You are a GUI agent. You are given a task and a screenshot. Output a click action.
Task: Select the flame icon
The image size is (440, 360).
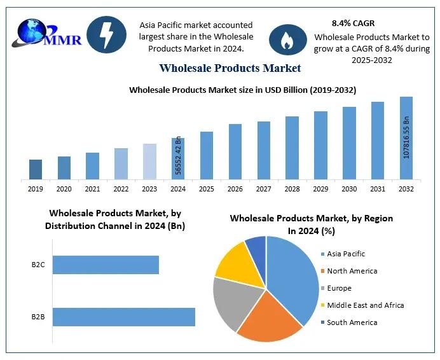click(288, 40)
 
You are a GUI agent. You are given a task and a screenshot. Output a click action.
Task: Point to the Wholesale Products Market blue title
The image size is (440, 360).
click(230, 67)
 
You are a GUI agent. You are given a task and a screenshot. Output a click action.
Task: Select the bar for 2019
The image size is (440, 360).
click(36, 169)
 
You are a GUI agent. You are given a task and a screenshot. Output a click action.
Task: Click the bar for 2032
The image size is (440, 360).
click(406, 138)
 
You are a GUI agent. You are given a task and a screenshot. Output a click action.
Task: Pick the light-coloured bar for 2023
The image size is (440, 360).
click(149, 162)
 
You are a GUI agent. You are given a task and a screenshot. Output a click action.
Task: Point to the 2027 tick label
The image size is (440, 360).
click(264, 189)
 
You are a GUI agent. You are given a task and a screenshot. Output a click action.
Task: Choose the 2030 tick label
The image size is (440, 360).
click(349, 189)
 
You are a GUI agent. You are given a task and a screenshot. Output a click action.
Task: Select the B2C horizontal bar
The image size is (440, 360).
click(106, 265)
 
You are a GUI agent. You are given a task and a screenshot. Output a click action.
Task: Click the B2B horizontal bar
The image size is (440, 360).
click(123, 317)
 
